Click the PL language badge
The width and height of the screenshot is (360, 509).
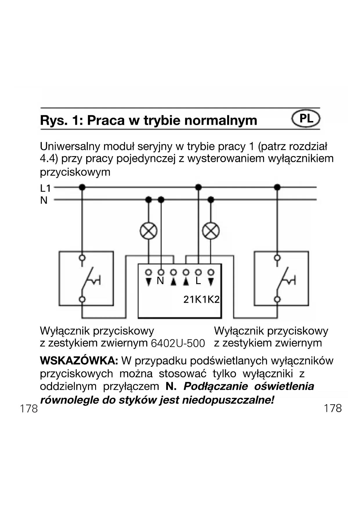[x=306, y=119]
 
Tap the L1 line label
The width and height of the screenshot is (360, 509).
[x=45, y=188]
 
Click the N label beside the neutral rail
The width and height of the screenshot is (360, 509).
[x=44, y=200]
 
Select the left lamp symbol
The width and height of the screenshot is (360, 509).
[x=149, y=231]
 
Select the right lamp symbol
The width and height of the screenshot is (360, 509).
[x=211, y=231]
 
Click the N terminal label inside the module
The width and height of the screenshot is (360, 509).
[x=160, y=281]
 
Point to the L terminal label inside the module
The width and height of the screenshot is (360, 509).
[x=198, y=281]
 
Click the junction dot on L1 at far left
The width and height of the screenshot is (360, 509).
[x=82, y=187]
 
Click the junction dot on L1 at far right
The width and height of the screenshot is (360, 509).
[x=277, y=187]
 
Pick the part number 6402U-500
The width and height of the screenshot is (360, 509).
[x=178, y=344]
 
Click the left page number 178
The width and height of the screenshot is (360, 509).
[x=29, y=409]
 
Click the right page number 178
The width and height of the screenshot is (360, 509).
[x=333, y=408]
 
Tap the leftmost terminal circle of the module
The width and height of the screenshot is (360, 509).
[x=149, y=272]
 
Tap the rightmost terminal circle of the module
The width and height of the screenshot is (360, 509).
[x=211, y=272]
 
